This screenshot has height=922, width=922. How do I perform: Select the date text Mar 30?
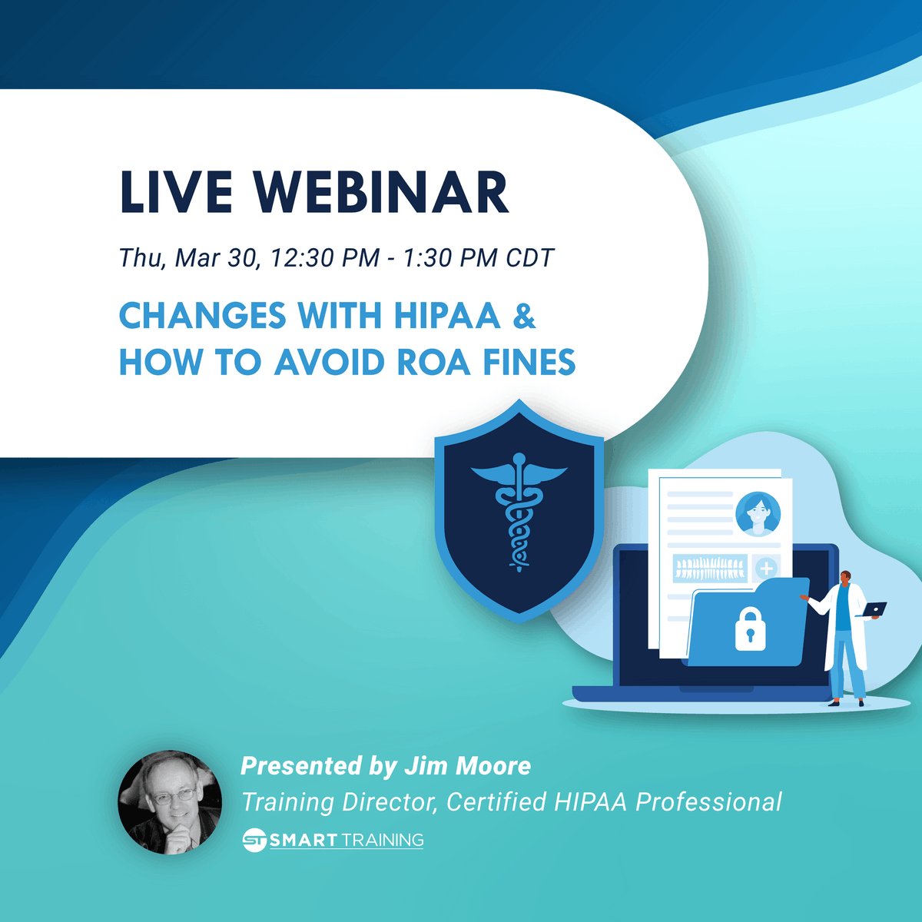[218, 258]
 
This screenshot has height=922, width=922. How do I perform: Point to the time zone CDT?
[529, 258]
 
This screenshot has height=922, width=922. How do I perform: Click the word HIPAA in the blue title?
[447, 316]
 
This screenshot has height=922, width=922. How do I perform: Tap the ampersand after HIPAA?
[524, 316]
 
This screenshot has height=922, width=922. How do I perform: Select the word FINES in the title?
[529, 362]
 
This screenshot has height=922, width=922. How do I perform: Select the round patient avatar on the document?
[758, 514]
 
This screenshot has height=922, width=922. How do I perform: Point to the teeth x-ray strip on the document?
[709, 569]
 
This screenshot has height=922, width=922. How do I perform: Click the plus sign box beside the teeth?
[766, 569]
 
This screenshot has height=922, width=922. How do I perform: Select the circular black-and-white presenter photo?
[170, 802]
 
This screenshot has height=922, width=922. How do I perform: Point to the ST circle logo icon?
[254, 840]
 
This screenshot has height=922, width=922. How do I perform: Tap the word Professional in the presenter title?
[708, 802]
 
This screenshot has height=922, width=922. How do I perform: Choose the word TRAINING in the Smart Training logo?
[382, 840]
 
